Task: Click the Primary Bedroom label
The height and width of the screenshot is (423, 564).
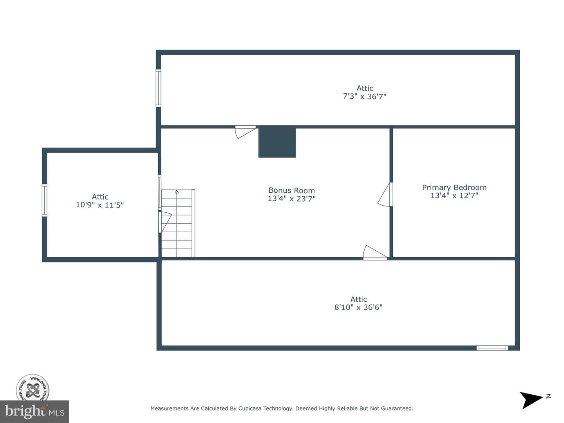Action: point(454,187)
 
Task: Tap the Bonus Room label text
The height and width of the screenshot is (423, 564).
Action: point(291,190)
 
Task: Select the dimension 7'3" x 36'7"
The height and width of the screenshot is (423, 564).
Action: point(365,96)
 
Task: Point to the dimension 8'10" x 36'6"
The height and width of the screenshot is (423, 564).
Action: point(358,307)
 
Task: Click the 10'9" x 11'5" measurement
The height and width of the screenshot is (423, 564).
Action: point(100,205)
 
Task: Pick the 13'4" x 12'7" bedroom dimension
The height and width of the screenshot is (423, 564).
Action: point(454,195)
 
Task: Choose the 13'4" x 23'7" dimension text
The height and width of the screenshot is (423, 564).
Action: point(291,199)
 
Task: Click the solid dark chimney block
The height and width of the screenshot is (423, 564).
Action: point(277,143)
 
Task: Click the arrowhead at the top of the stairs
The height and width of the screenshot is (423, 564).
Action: point(177,192)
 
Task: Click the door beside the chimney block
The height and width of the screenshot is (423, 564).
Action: point(246,132)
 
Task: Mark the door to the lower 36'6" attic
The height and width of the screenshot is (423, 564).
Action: point(375,253)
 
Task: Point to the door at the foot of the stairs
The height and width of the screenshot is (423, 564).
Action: point(165,222)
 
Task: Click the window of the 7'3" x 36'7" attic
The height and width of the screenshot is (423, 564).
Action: point(159,88)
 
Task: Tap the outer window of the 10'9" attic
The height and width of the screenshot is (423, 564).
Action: point(44,200)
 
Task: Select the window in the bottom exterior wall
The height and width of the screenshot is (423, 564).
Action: point(492,348)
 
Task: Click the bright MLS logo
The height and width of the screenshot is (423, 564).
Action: point(34,412)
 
